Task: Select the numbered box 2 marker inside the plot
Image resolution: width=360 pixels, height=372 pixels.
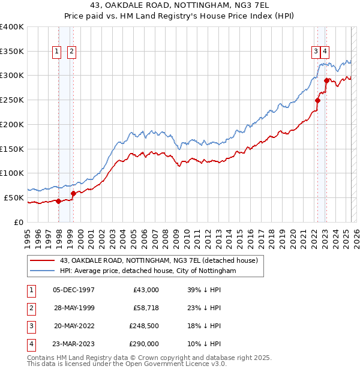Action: click(x=71, y=52)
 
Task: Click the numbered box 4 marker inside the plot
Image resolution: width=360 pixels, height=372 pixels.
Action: click(x=325, y=52)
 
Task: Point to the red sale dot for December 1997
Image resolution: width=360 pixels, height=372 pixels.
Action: click(x=58, y=201)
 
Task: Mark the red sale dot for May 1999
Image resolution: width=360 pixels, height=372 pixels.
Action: click(x=73, y=193)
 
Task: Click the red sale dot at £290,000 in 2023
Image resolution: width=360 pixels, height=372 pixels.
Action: click(x=326, y=80)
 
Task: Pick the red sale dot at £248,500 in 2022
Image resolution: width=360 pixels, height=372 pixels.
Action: click(x=317, y=100)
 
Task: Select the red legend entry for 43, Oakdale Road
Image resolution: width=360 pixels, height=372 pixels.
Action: click(x=158, y=260)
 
